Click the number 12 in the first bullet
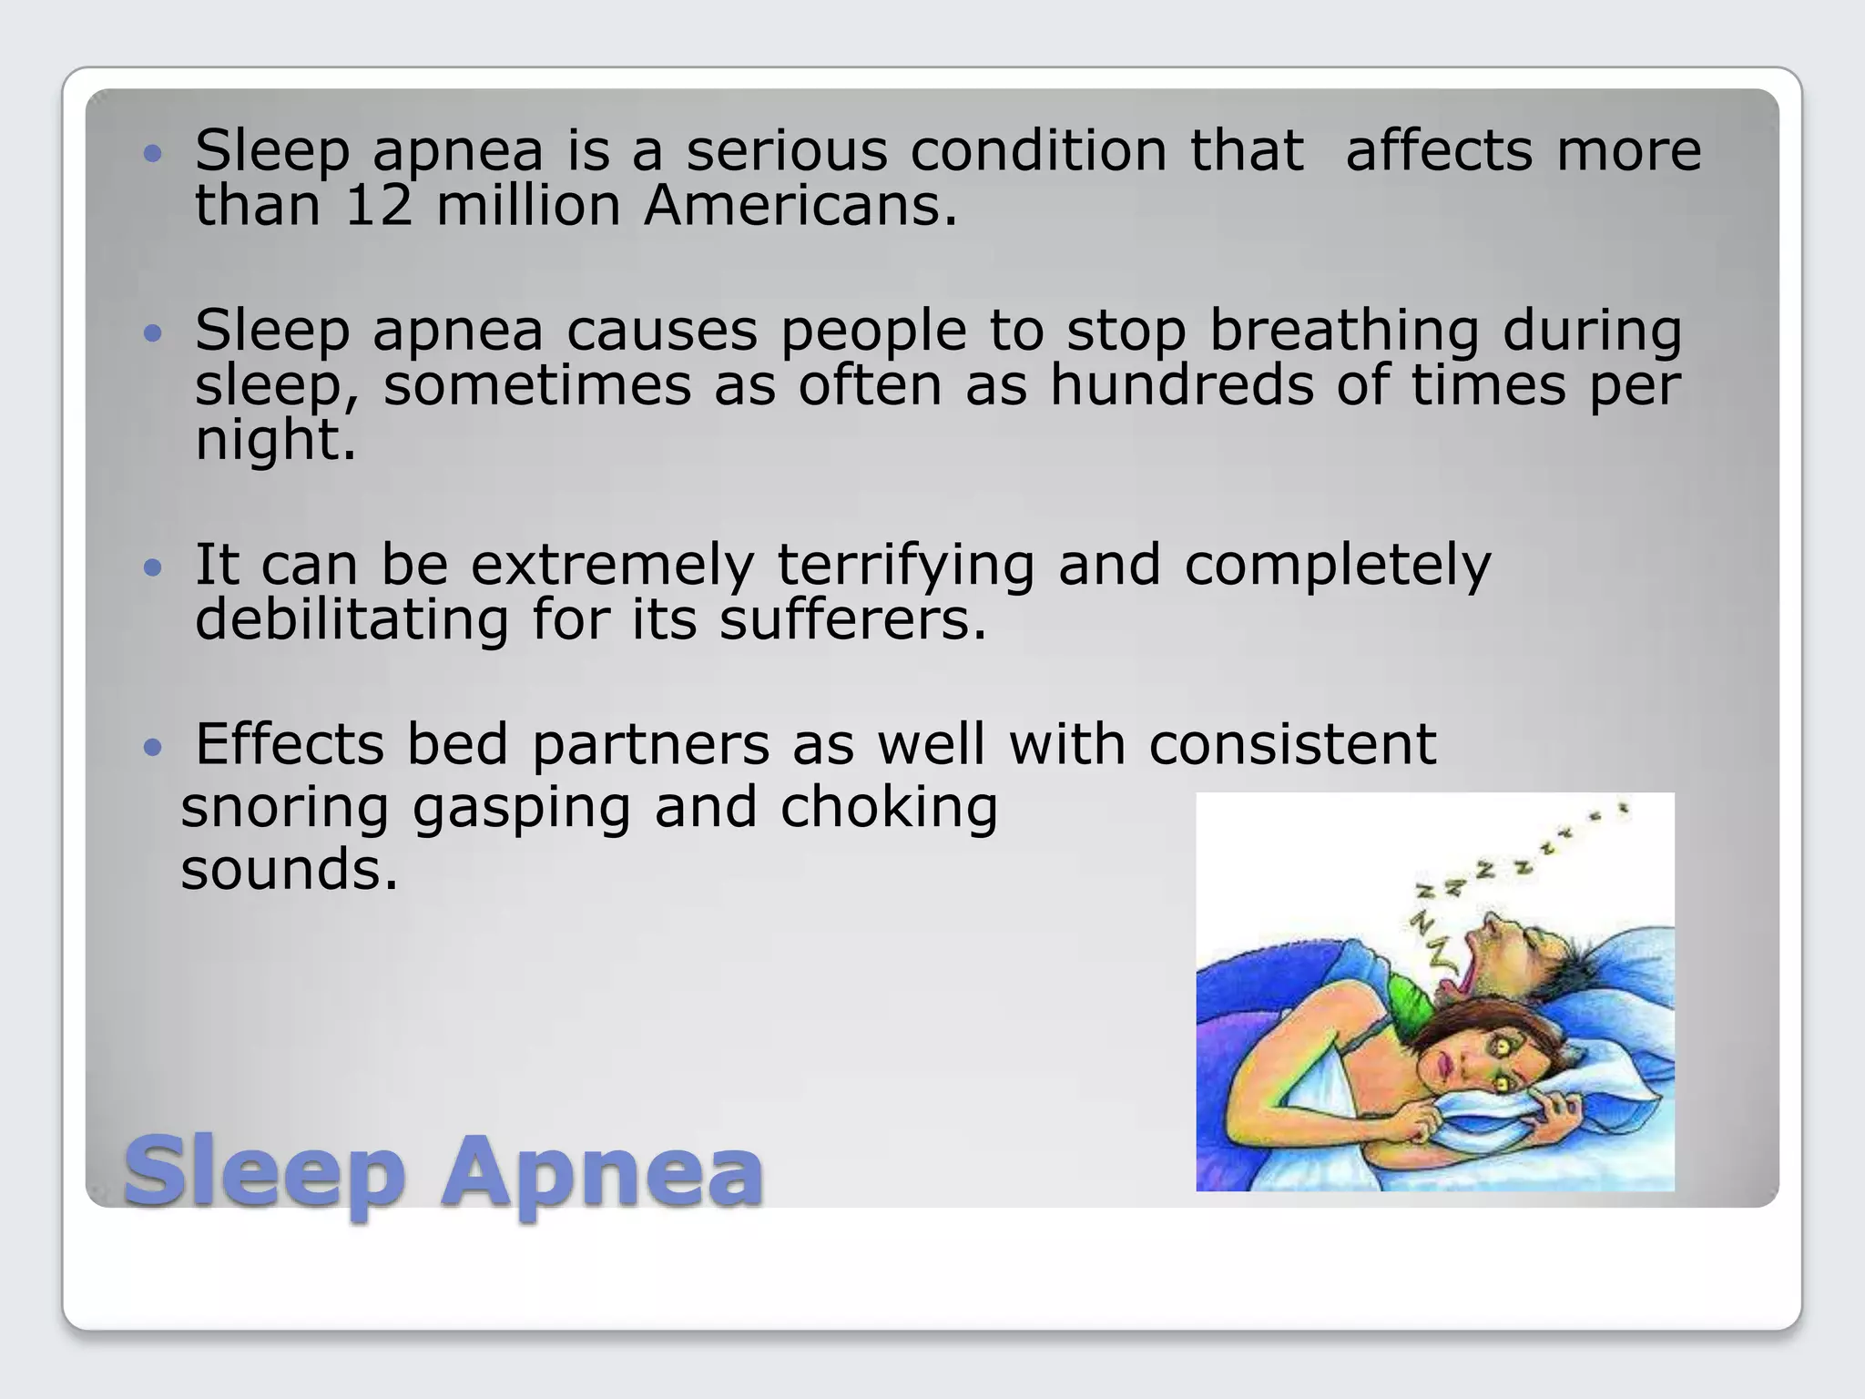tap(379, 206)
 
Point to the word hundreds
tap(1182, 385)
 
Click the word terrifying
tap(905, 566)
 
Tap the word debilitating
tap(352, 620)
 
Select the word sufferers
tap(852, 620)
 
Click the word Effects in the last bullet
tap(290, 745)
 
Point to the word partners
tap(651, 745)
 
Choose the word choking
tap(889, 808)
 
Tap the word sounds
tap(290, 870)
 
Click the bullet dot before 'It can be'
tap(153, 569)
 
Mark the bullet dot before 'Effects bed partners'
tap(153, 749)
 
